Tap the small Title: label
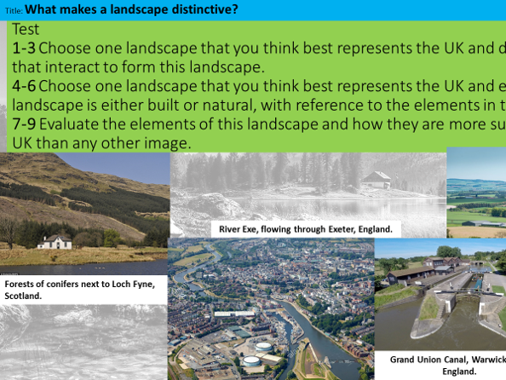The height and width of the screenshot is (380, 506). click(12, 11)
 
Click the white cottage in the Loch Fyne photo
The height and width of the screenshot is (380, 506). click(55, 241)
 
